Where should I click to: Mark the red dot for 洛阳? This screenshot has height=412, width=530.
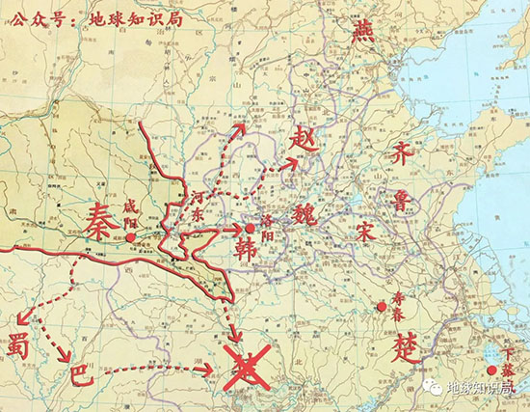click(250, 228)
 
